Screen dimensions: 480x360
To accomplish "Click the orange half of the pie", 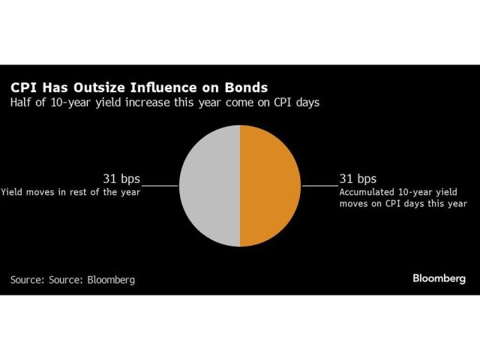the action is [269, 186].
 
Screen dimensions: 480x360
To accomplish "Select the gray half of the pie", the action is [210, 186].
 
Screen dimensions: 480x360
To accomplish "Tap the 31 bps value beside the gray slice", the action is [121, 178].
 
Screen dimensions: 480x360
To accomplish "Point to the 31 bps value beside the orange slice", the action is [358, 178].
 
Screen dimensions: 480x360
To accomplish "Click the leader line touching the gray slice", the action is [160, 185].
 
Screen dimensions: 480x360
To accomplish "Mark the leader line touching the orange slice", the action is [320, 185].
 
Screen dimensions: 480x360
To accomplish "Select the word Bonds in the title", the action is [246, 88].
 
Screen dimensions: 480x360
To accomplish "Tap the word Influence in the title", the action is [166, 88].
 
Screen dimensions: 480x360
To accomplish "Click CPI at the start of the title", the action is [23, 88].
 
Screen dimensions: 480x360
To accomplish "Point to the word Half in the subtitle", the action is [21, 102].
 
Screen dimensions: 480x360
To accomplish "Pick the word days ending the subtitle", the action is [307, 103].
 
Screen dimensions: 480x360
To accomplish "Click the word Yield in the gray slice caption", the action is [11, 193].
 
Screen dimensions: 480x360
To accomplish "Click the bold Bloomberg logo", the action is [439, 278].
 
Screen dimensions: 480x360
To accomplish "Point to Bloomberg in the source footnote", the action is [111, 280].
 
